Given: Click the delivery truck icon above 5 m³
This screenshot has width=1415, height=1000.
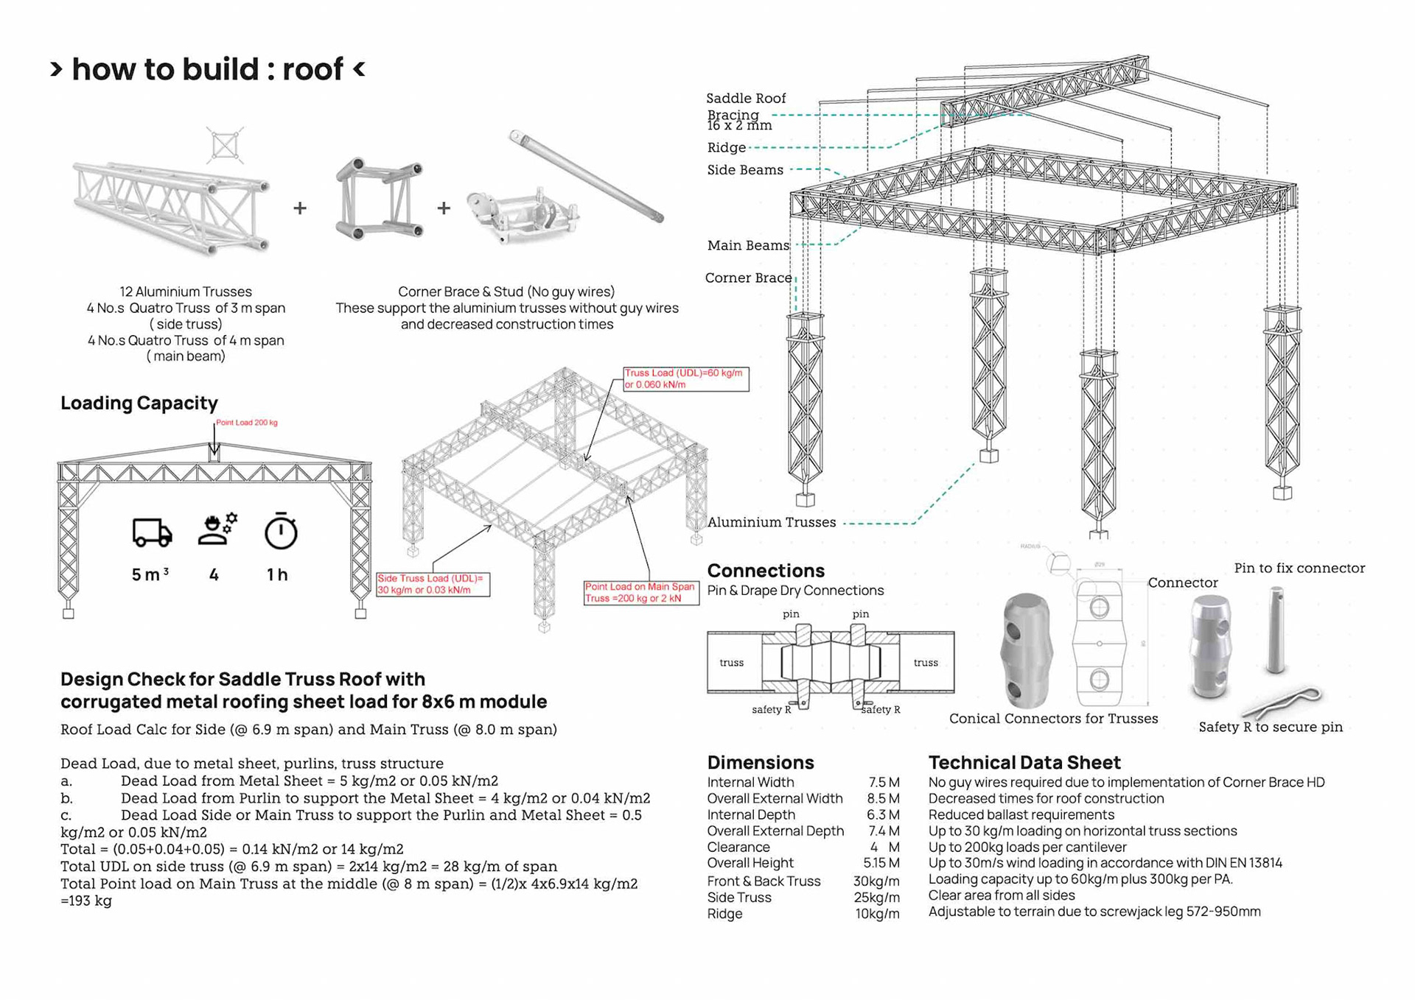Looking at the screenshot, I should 153,532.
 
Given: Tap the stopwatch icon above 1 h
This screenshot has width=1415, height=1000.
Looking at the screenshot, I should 281,531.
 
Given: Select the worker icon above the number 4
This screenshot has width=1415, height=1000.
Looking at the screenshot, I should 217,529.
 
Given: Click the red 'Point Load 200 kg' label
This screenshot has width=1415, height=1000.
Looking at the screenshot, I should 246,423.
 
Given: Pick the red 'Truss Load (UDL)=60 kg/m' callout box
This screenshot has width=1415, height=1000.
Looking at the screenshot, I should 685,378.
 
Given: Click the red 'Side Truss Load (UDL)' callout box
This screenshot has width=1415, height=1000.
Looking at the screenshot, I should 433,585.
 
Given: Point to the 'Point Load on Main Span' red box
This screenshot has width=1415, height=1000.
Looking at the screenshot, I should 640,593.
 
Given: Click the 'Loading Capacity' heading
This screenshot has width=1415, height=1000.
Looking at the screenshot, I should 139,403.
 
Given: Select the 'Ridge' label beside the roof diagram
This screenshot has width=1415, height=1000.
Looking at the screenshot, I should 727,147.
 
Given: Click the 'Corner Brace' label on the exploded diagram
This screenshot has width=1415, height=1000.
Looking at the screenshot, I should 748,278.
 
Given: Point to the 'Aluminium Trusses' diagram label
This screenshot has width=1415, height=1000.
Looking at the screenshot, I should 772,522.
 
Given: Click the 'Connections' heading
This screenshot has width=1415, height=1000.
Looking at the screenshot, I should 766,571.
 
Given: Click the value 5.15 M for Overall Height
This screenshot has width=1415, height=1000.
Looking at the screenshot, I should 881,863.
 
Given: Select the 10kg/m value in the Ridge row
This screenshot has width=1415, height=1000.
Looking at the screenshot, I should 877,914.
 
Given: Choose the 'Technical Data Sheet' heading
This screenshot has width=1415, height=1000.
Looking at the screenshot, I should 1024,762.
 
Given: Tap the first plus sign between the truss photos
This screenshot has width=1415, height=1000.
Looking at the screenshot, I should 300,208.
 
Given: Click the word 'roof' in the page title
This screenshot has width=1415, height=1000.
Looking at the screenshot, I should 313,69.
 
